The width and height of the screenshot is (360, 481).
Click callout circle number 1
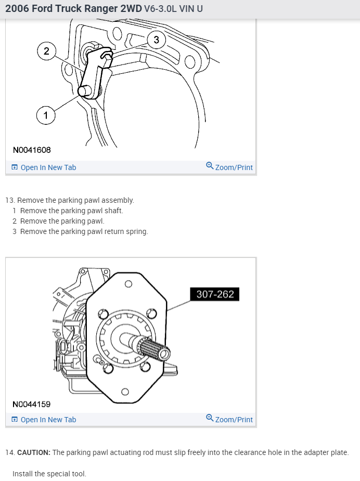coord(46,115)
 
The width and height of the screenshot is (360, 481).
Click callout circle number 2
coord(47,50)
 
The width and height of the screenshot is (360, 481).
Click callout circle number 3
coord(156,40)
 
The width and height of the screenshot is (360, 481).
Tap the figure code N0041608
coord(32,150)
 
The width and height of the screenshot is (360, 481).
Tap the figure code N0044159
coord(32,404)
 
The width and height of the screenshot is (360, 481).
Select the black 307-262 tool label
coord(215,294)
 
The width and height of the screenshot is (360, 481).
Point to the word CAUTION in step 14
coord(34,452)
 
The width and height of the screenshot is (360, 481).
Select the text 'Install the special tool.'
coord(49,474)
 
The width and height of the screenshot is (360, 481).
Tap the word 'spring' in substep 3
coord(136,231)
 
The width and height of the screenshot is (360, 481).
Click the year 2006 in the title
coord(17,9)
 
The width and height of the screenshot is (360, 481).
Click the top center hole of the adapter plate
coord(128,283)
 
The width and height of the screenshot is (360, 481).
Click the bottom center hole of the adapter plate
coord(125,392)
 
